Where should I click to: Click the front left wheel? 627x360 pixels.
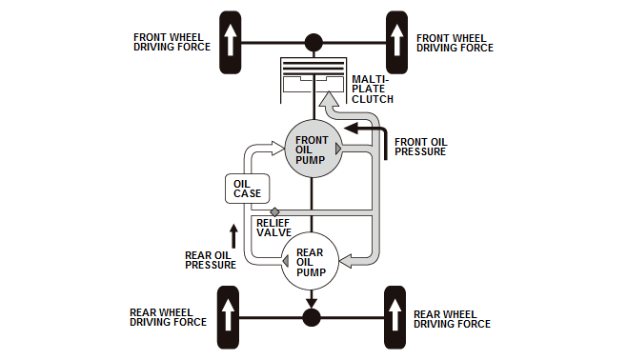231,42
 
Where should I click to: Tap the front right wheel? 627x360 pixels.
396,42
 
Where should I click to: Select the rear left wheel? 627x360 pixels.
228,317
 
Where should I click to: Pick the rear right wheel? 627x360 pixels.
395,317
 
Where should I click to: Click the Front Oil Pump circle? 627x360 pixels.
313,149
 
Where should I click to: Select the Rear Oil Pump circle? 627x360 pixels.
310,261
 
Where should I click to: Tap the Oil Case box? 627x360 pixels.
248,189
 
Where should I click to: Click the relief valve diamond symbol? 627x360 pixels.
274,211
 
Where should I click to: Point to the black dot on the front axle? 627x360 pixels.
313,42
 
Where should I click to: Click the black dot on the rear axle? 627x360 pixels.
311,318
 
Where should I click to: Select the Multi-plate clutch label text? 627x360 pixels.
373,90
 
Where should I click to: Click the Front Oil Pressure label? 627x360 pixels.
420,147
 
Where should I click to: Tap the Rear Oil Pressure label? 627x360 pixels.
211,260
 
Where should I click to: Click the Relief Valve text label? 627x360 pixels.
273,228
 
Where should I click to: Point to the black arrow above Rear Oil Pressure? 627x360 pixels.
233,236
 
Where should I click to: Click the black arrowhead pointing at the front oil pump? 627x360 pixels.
351,129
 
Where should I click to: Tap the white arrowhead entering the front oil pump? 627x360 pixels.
278,148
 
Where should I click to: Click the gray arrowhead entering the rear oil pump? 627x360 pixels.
346,261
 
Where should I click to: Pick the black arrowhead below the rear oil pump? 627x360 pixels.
311,303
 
